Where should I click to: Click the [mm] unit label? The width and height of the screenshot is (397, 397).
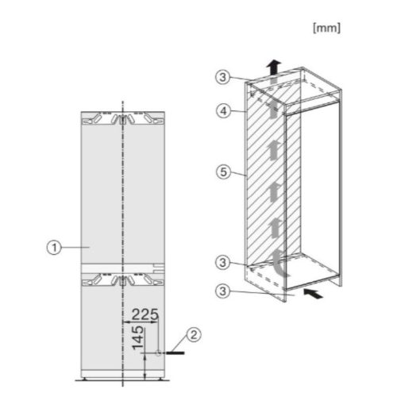pyautogui.click(x=328, y=28)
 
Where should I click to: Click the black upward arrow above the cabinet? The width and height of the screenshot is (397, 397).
pyautogui.click(x=273, y=67)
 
